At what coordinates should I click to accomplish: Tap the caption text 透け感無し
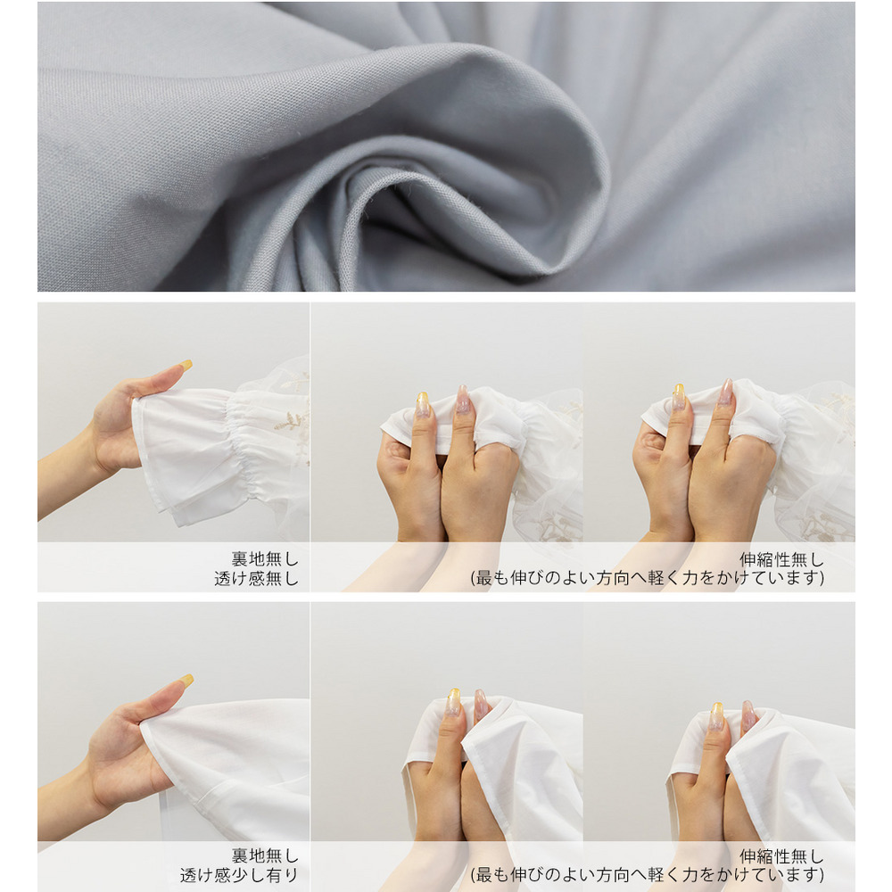coord(257,579)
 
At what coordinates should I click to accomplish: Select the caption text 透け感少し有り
coord(239,875)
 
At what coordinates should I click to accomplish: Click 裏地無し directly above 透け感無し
coord(265,558)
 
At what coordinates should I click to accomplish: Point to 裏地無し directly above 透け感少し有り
coord(265,855)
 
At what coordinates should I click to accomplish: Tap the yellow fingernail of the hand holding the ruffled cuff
coord(186,365)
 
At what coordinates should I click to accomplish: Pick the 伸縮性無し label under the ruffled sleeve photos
coord(781,560)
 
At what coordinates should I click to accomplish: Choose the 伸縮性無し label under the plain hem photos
coord(781,856)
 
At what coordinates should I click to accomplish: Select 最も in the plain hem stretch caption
coord(492,874)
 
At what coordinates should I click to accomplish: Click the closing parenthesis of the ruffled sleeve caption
coord(821,579)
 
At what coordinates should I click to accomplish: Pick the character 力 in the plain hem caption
coord(690,874)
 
